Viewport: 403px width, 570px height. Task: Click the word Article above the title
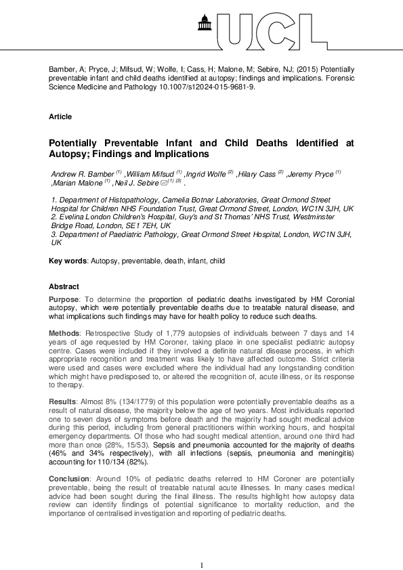pos(60,116)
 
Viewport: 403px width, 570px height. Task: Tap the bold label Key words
pos(68,261)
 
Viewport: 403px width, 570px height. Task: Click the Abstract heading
pos(64,286)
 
